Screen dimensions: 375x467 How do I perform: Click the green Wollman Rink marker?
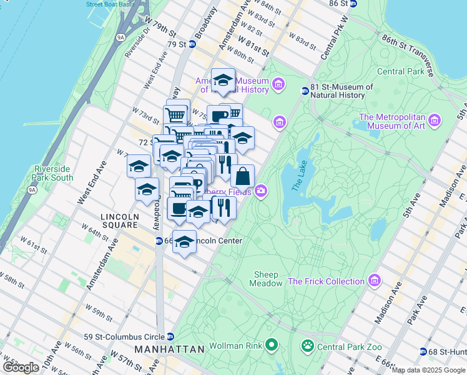[270, 344]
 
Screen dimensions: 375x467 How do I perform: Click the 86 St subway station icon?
[353, 3]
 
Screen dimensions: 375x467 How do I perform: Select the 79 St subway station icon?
[192, 44]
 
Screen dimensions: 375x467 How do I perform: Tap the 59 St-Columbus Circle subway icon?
[170, 337]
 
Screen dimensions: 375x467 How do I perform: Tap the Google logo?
[21, 367]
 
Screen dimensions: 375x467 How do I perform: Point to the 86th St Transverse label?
[409, 56]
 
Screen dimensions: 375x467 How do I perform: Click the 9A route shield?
[120, 37]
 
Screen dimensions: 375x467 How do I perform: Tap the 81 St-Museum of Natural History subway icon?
[305, 91]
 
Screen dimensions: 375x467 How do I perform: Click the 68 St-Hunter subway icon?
[423, 351]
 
